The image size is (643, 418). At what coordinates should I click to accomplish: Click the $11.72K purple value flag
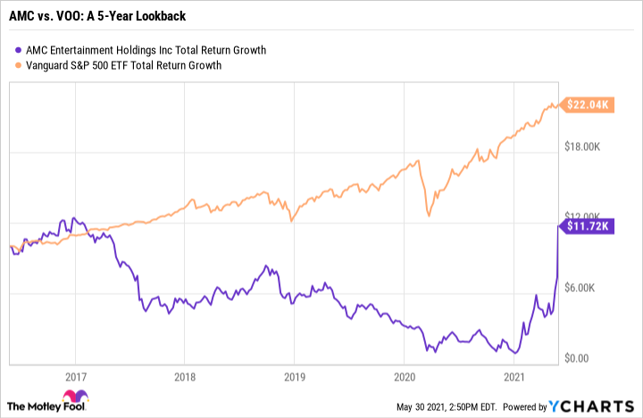[585, 226]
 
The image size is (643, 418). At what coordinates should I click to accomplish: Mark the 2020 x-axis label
[404, 376]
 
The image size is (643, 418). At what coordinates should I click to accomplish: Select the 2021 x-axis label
[514, 376]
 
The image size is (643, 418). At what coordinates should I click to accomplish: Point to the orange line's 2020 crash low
[430, 215]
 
